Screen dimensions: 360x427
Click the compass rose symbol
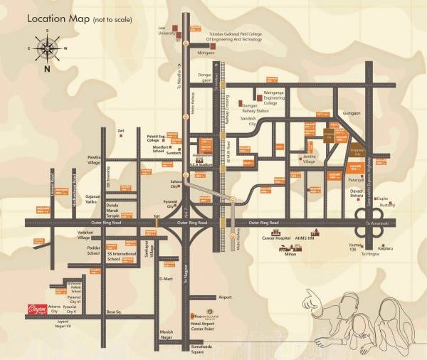47,48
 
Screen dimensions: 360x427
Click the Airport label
225,297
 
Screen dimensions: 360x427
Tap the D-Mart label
166,278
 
